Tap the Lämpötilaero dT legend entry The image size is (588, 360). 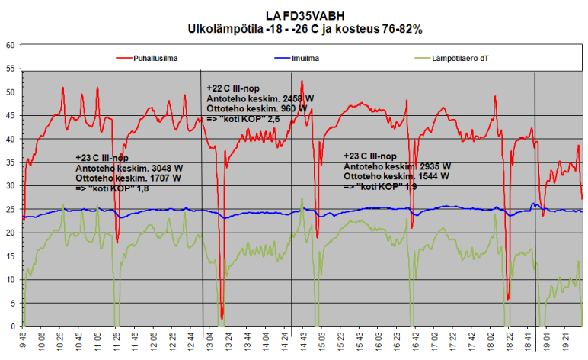click(x=465, y=57)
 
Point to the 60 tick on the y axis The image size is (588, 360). click(x=11, y=45)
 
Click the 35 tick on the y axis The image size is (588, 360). click(x=11, y=162)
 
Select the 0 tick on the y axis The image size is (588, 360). click(x=13, y=326)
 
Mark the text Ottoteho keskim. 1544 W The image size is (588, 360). click(x=396, y=176)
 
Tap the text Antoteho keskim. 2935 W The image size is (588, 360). click(x=397, y=166)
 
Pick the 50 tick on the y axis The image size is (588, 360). click(x=11, y=92)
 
